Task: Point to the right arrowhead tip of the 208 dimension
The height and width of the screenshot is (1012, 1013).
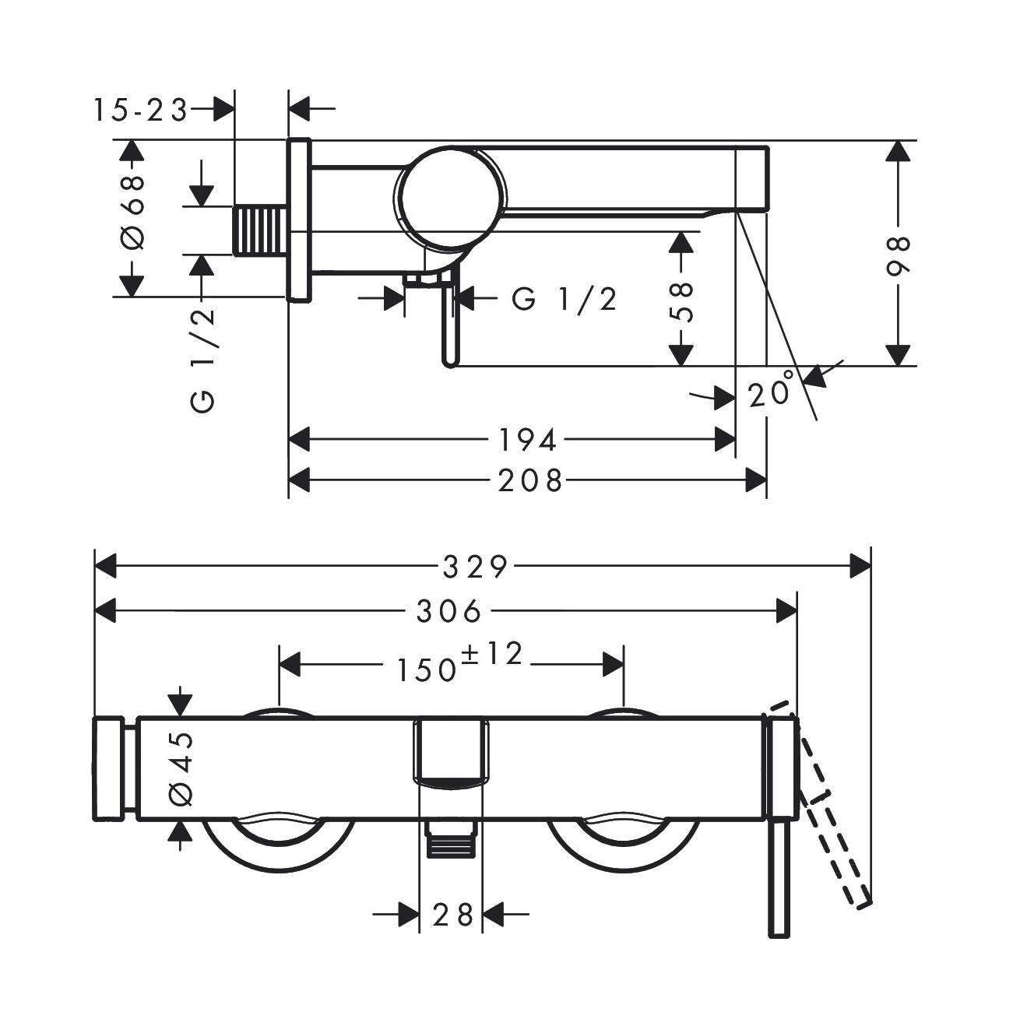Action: click(x=766, y=480)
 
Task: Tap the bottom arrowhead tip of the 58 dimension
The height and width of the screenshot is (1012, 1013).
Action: click(x=682, y=365)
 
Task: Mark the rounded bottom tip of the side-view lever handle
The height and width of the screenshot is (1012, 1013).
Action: click(x=450, y=366)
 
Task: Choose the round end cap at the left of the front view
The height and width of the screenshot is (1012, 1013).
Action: click(x=109, y=768)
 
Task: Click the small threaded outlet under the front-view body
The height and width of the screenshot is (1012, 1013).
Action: click(x=452, y=838)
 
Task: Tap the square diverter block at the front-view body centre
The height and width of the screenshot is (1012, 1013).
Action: click(x=452, y=754)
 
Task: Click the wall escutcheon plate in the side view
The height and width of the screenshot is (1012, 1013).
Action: click(x=298, y=220)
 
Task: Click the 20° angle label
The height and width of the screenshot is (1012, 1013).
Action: click(x=771, y=388)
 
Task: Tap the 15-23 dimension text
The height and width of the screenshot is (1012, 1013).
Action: click(x=141, y=111)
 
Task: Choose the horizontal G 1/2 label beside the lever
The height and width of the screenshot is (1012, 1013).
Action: click(x=564, y=300)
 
